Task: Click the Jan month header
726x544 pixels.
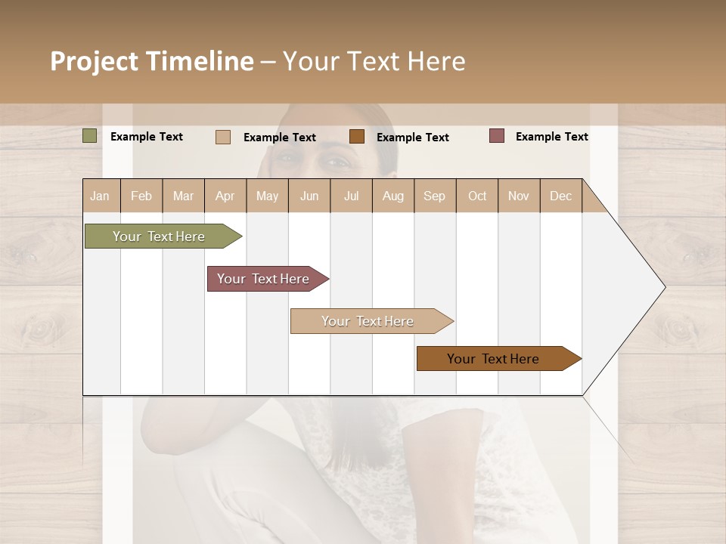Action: pos(101,196)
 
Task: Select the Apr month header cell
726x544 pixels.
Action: pos(225,196)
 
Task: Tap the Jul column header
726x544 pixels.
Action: pos(351,196)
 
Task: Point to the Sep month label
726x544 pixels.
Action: pos(434,196)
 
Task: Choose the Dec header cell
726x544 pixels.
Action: pos(560,196)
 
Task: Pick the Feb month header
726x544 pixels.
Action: pos(141,196)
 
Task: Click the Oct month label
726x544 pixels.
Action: pos(477,196)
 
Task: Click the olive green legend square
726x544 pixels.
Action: pos(90,136)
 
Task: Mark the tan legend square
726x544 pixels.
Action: pos(223,137)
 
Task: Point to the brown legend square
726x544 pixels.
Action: pos(357,137)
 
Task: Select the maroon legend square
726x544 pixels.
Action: pos(497,136)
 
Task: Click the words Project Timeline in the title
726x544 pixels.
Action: pos(152,61)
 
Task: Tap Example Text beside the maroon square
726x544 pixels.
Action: pos(551,137)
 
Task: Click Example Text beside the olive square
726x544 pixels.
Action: pos(147,137)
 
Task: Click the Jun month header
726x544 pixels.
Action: pos(309,196)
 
